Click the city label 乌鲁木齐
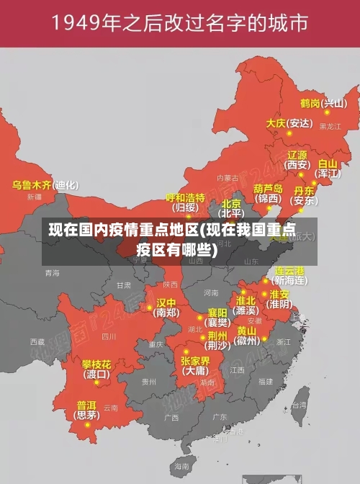32,185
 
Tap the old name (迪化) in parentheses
66,185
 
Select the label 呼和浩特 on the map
185,197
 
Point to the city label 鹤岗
310,103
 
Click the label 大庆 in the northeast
276,123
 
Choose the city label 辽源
297,155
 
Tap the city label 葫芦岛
268,188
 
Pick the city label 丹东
304,191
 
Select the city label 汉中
166,302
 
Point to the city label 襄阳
217,313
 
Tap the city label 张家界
195,361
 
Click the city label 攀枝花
96,364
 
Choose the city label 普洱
86,405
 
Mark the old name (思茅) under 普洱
87,415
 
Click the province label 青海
52,273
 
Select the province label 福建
266,381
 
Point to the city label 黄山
247,331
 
